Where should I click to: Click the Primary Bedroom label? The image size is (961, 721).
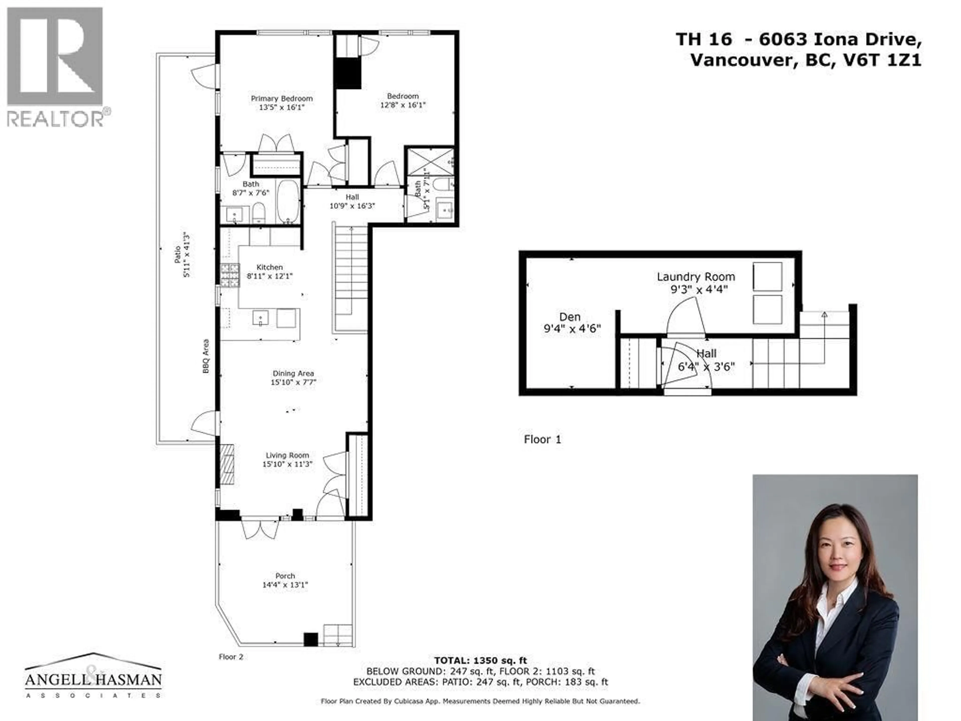click(282, 99)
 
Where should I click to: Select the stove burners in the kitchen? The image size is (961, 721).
click(230, 276)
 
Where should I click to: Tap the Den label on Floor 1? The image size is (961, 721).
click(570, 317)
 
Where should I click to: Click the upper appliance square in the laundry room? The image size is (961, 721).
click(767, 276)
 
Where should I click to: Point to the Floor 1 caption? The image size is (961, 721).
click(542, 439)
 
